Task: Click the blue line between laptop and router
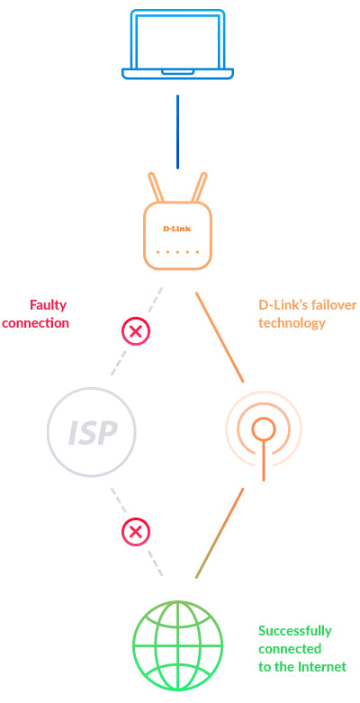point(177,131)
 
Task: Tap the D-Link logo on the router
point(177,229)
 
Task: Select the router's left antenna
point(156,186)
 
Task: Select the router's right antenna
point(199,186)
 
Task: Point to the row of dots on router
point(177,252)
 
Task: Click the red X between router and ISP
point(136,332)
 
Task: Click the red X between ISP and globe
point(136,532)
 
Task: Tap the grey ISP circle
point(92,433)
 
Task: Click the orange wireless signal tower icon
point(263,430)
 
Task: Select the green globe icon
point(177,644)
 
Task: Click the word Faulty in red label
point(48,305)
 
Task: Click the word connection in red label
point(35,323)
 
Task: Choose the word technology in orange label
point(292,323)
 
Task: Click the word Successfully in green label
point(294,631)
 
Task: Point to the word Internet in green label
point(324,667)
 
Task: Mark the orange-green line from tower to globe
point(220,533)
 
